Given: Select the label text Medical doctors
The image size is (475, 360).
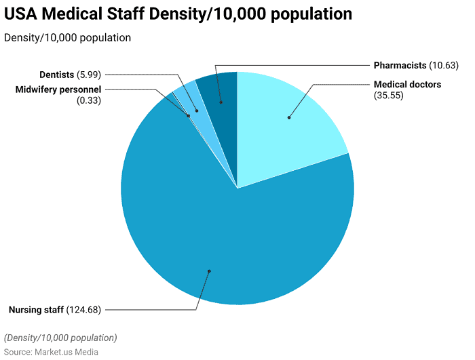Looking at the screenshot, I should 407,85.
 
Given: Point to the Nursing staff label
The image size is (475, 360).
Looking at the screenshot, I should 36,310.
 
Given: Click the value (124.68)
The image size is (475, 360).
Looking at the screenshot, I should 84,310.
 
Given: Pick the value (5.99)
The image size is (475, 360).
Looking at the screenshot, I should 89,74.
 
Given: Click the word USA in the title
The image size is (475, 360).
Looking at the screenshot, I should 25,14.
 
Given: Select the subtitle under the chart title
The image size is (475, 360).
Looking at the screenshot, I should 67,38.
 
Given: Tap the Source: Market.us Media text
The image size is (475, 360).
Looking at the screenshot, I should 51,352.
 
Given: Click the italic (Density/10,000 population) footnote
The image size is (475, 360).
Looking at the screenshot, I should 60,338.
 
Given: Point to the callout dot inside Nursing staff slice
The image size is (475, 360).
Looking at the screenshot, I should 209,271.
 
